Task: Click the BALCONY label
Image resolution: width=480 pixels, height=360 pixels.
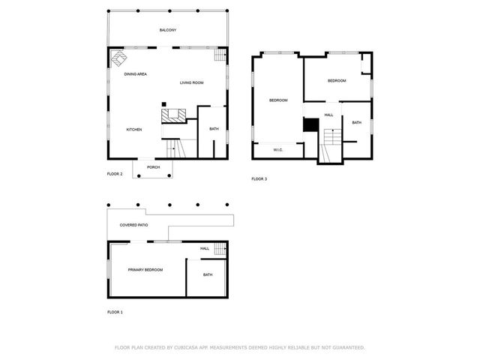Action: point(168,30)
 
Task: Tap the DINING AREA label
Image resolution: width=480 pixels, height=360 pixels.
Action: point(135,73)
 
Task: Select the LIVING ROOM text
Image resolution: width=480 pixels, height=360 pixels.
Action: point(192,82)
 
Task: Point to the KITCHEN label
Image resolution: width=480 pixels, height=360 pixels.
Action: point(133,130)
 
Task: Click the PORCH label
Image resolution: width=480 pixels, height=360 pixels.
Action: point(153,167)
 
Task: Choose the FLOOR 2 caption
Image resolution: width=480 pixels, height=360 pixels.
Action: point(115,174)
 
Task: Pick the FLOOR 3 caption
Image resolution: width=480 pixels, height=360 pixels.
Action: point(259,179)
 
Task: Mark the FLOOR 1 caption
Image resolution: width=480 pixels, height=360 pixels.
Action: point(115,311)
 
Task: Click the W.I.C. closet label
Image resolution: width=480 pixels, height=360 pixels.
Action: point(277,150)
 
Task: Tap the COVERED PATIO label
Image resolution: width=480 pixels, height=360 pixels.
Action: point(134,225)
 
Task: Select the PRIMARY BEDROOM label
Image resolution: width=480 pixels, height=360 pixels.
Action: point(145,270)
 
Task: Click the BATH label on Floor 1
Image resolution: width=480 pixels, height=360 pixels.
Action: point(208,274)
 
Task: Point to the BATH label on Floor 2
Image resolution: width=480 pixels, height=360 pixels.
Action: point(214,129)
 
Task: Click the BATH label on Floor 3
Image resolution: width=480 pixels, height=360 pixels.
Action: point(356,123)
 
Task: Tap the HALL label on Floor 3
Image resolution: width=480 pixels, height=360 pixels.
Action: point(328,115)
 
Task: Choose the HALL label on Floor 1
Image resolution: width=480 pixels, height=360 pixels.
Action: point(204,248)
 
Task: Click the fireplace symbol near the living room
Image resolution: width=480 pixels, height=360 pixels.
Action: point(173,115)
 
